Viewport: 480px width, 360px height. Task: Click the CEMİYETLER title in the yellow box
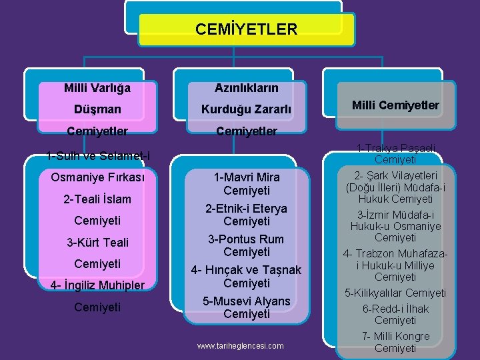(247, 29)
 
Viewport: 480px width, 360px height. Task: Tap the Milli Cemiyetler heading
(395, 105)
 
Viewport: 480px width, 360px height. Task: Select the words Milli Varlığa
(97, 87)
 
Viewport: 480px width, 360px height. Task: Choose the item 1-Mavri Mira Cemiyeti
(247, 184)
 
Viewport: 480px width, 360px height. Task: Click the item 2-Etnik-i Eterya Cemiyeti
(247, 215)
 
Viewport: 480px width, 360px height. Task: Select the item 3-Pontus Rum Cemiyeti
(247, 245)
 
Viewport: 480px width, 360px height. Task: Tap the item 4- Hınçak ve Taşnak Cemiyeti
(247, 276)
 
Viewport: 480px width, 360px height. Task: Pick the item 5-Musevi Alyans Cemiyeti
(247, 307)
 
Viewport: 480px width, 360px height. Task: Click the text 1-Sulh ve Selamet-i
(98, 156)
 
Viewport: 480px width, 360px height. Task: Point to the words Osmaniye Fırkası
(97, 177)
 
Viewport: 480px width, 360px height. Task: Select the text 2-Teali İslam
(97, 199)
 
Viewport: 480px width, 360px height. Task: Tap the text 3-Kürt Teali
(97, 242)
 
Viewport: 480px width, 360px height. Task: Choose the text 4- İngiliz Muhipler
(97, 286)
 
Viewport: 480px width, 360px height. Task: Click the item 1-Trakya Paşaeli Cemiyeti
(395, 153)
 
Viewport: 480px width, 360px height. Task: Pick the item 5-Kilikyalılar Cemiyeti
(395, 293)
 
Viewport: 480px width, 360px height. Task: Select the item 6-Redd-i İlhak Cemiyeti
(395, 315)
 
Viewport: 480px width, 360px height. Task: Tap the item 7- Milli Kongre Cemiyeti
(395, 342)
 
